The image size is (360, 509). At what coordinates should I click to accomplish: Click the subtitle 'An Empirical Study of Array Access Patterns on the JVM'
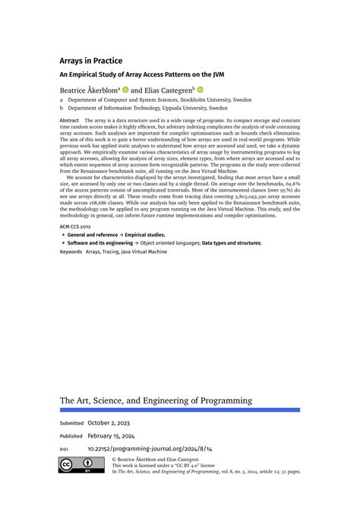[142, 74]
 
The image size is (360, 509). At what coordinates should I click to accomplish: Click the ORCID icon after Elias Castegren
[201, 89]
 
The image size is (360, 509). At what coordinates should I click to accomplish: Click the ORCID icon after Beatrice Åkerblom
[125, 89]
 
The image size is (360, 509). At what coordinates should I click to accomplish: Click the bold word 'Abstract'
[69, 120]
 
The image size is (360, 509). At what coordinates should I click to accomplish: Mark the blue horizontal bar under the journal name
[180, 410]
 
